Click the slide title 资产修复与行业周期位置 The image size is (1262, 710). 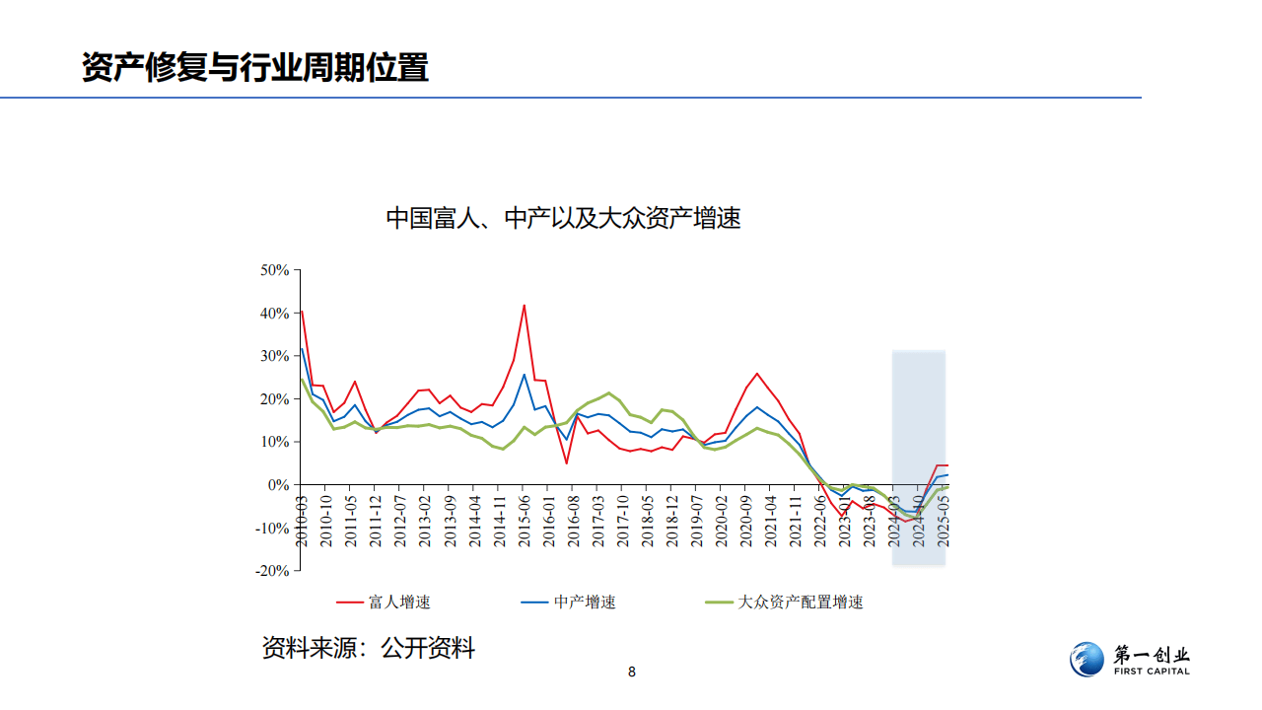pyautogui.click(x=254, y=67)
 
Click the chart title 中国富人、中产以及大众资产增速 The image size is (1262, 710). pyautogui.click(x=563, y=218)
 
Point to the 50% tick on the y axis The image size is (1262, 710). pyautogui.click(x=274, y=270)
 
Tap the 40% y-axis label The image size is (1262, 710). pyautogui.click(x=274, y=314)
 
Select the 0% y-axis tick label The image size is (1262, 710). pyautogui.click(x=279, y=485)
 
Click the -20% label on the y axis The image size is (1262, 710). pyautogui.click(x=272, y=571)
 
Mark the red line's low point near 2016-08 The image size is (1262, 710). pyautogui.click(x=567, y=462)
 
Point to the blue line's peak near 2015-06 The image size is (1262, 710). pyautogui.click(x=525, y=375)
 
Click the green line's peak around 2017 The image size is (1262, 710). pyautogui.click(x=609, y=392)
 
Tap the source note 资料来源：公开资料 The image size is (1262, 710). pyautogui.click(x=368, y=648)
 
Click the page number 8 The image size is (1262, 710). pyautogui.click(x=632, y=673)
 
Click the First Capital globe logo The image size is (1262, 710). pyautogui.click(x=1087, y=660)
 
